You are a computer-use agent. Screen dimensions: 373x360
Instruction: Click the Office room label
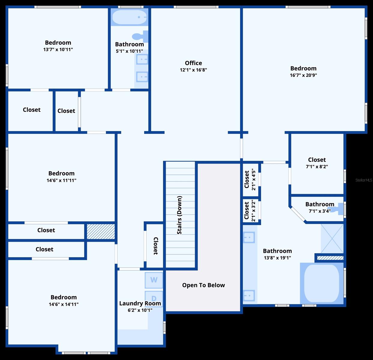(x=193, y=63)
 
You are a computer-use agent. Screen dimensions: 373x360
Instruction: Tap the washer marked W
(x=154, y=280)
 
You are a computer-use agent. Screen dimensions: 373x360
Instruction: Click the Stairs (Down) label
(x=179, y=215)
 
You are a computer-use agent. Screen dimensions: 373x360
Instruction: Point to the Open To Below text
(x=203, y=285)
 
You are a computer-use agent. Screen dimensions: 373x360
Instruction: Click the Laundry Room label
(x=140, y=303)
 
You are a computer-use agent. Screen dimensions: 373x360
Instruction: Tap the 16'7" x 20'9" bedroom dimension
(x=303, y=75)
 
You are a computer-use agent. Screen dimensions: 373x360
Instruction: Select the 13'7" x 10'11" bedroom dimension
(x=58, y=49)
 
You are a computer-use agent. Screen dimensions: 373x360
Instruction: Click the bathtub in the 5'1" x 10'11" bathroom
(x=130, y=17)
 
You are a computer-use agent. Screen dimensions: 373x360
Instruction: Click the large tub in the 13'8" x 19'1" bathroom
(x=322, y=283)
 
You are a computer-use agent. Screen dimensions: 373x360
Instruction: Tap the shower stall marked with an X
(x=332, y=238)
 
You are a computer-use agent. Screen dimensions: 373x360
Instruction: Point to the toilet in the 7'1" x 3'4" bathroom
(x=336, y=209)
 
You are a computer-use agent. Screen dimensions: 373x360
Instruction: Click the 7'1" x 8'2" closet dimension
(x=317, y=167)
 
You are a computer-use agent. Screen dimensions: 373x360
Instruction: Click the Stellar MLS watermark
(x=364, y=180)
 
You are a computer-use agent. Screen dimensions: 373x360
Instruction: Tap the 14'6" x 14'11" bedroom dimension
(x=64, y=304)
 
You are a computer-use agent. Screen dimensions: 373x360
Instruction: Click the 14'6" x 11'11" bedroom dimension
(x=61, y=180)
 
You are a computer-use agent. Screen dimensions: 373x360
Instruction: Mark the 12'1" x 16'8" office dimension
(x=193, y=70)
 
